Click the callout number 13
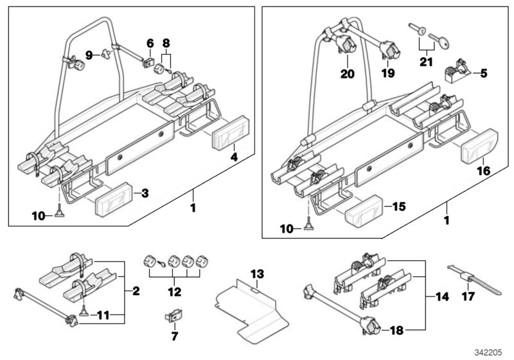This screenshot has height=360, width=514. pyautogui.click(x=257, y=274)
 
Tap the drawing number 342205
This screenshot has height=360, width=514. pyautogui.click(x=485, y=352)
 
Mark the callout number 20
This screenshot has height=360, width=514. pyautogui.click(x=348, y=74)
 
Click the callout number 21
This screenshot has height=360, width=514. pyautogui.click(x=425, y=62)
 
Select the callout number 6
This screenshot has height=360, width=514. pyautogui.click(x=150, y=44)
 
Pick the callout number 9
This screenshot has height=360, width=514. pyautogui.click(x=89, y=54)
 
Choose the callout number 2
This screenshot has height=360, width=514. pyautogui.click(x=136, y=292)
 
